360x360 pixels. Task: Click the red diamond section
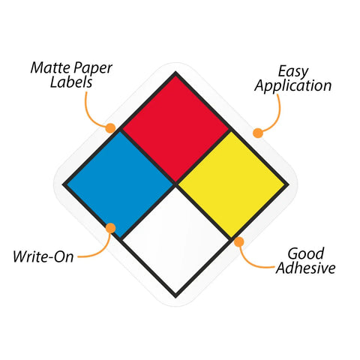[175, 129]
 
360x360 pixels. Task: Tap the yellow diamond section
[232, 184]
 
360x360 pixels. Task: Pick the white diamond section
[175, 240]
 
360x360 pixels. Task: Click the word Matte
[49, 67]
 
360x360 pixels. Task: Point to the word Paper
[93, 69]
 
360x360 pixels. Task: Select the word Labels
[71, 82]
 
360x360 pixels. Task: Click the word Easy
[293, 72]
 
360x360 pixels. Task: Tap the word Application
[293, 86]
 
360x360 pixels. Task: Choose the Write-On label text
[43, 256]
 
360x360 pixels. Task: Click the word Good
[306, 253]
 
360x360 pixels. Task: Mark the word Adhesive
[305, 268]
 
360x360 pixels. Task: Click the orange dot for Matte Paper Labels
[110, 128]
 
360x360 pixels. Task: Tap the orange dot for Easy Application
[258, 133]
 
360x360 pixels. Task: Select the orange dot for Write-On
[110, 228]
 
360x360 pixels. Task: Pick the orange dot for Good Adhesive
[239, 241]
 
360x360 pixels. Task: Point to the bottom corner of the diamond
[175, 298]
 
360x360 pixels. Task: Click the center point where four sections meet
[176, 184]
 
